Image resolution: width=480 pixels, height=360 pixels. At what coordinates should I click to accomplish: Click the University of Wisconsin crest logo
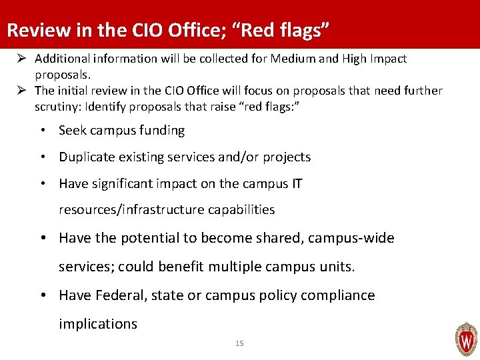point(465,339)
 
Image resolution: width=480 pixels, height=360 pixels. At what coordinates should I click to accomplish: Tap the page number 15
point(239,343)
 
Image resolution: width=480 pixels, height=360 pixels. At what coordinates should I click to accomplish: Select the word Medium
point(289,59)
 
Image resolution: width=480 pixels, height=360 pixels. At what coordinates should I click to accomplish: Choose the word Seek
point(73,131)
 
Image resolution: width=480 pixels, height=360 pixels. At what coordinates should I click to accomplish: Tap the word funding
point(159,131)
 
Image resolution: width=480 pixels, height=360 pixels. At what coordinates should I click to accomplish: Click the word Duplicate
point(87,157)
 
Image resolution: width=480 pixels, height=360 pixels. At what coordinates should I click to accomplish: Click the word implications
point(98,324)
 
